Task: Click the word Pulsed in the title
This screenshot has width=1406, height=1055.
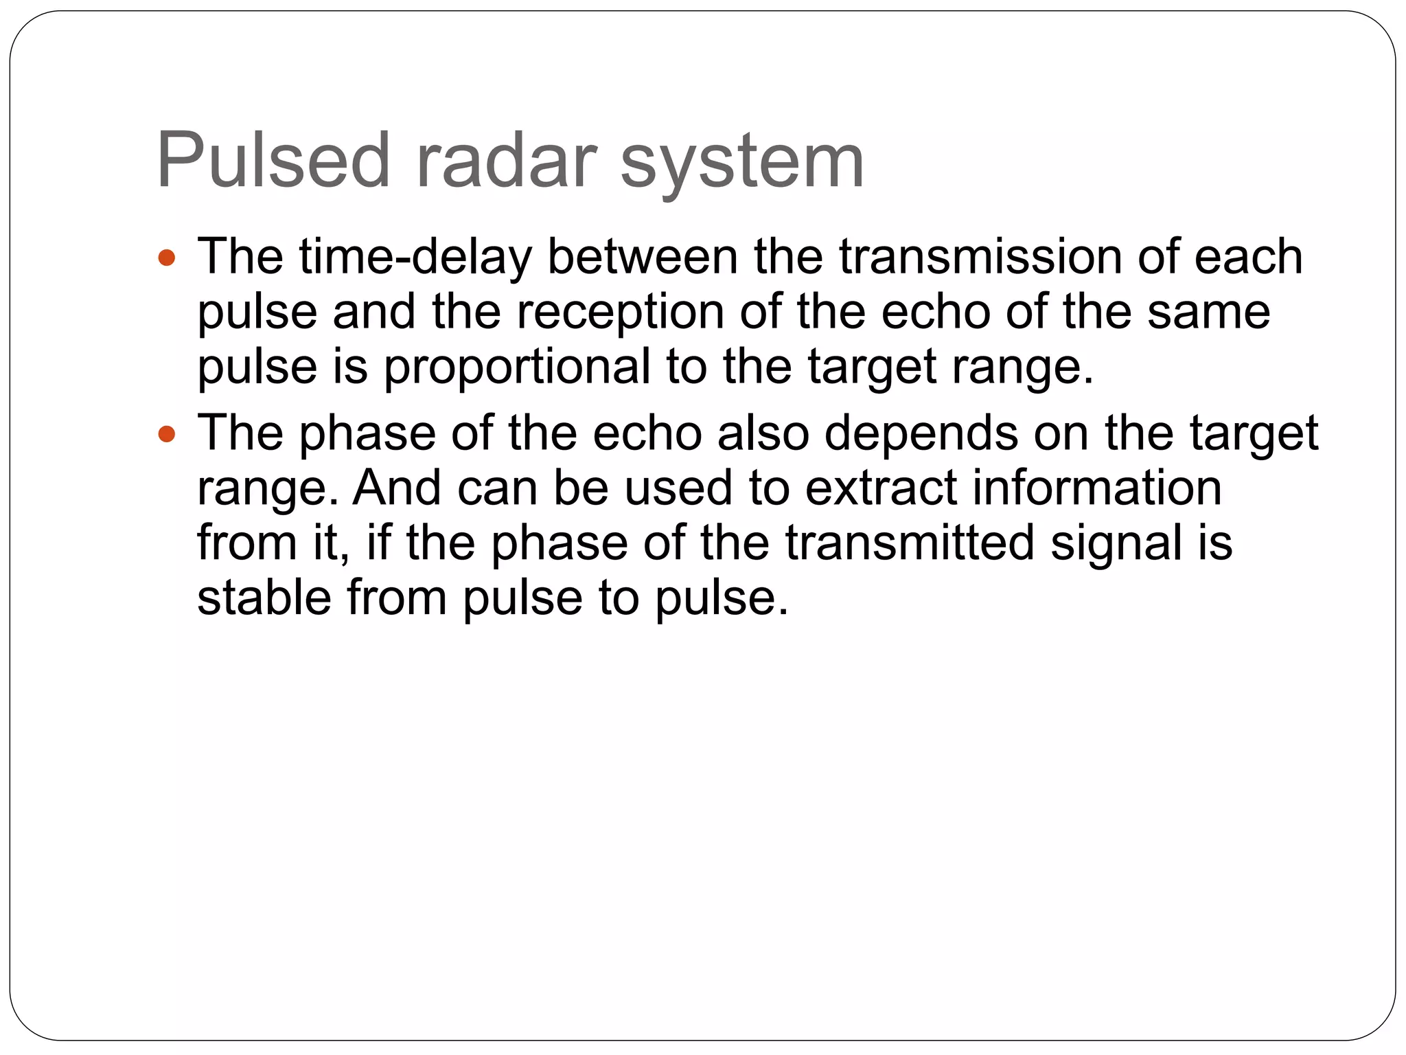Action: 273,161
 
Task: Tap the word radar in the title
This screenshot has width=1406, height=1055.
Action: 505,161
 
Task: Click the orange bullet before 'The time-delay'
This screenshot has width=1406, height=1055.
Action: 167,259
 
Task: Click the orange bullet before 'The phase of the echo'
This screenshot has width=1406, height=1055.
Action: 167,435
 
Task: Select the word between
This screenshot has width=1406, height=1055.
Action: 643,256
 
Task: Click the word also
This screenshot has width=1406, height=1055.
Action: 763,433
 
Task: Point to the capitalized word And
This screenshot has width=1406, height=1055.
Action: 396,488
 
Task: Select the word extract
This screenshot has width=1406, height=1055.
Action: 881,488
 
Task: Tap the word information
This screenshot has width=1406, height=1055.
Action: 1097,488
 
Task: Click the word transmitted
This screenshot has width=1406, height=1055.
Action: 910,543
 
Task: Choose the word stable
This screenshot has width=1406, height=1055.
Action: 264,598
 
